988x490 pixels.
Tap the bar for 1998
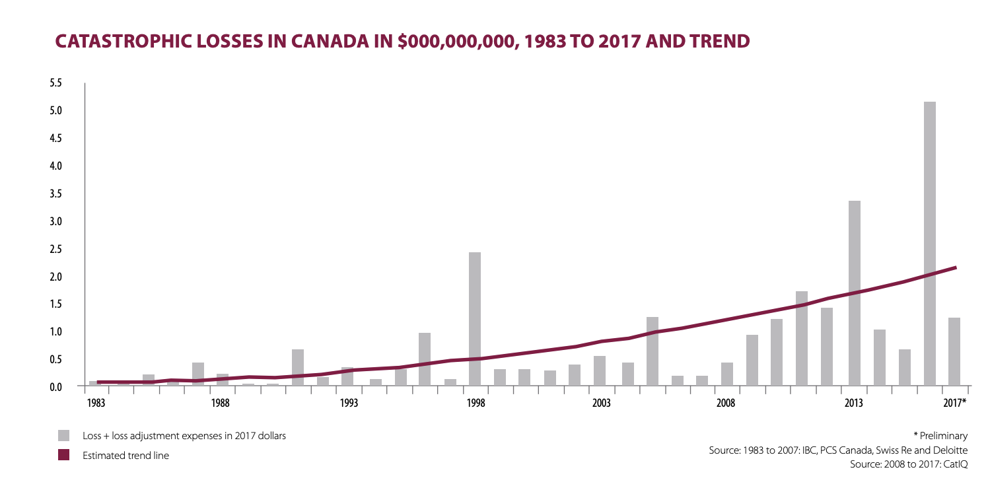[x=475, y=318]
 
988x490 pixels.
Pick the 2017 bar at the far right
[x=954, y=351]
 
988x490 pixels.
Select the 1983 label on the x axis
[x=95, y=402]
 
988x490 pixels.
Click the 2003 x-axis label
[x=600, y=402]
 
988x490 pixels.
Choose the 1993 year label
[x=348, y=402]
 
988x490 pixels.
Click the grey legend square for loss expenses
[x=64, y=436]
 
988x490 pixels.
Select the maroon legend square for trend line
[x=64, y=455]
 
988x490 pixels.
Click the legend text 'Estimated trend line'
[x=125, y=455]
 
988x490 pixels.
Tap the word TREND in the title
[x=719, y=41]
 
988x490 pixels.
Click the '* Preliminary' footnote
[x=940, y=436]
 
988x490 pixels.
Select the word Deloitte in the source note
[x=952, y=450]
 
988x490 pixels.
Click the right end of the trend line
[x=955, y=267]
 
